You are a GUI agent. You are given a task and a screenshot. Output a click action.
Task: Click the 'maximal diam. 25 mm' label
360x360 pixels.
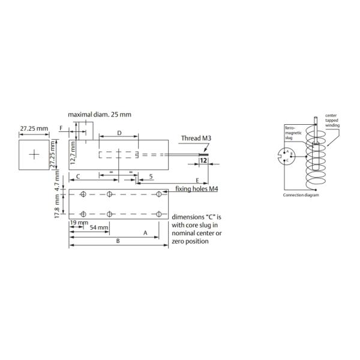coord(100,115)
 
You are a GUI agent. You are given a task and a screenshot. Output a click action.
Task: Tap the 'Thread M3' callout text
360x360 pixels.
coord(196,138)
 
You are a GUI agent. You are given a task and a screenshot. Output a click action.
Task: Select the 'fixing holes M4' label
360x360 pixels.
coord(197,189)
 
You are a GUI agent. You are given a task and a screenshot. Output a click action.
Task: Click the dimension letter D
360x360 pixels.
coord(119,133)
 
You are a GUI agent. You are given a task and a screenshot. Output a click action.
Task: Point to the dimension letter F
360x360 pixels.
coord(61,128)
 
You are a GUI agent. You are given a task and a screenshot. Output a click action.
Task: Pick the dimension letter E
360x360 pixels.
coord(197,181)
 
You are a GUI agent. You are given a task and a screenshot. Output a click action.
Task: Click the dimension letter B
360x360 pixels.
coord(118,241)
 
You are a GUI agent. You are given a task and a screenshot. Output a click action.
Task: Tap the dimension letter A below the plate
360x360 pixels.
coord(145,233)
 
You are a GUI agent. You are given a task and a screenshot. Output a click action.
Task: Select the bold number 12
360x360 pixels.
coord(203,160)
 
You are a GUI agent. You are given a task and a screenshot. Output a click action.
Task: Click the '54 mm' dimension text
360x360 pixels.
coord(99,227)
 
